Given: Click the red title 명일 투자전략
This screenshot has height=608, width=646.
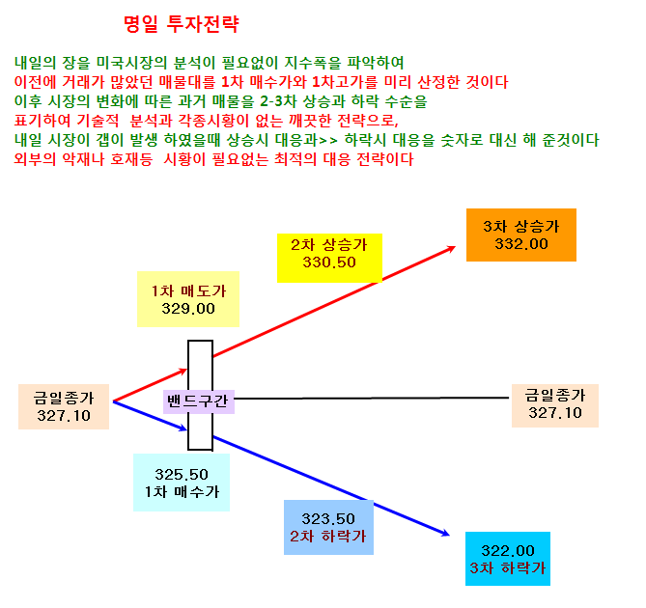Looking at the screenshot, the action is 182,23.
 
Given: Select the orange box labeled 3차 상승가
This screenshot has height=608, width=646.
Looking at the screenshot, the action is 521,235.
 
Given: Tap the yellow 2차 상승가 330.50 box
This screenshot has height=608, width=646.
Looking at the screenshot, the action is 329,258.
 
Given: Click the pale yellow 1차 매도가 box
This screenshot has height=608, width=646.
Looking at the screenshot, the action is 188,299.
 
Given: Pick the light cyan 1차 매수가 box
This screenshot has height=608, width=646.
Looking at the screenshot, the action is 182,483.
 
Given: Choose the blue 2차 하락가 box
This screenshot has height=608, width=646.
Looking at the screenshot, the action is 328,527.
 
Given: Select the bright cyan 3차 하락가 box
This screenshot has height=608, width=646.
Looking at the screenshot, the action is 508,559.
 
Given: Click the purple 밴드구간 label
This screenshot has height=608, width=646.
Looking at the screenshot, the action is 199,401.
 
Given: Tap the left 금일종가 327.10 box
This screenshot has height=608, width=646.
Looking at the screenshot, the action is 64,406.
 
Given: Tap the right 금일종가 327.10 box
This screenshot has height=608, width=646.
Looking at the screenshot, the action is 555,405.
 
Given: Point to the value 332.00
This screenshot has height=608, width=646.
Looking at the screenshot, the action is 521,244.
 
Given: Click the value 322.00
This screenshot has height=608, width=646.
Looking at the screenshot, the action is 508,550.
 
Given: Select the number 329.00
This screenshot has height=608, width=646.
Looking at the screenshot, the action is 188,309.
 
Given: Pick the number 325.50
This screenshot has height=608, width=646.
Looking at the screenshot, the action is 182,475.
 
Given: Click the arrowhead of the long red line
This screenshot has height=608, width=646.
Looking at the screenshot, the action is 452,248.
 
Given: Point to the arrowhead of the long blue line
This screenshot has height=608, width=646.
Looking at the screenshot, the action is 446,534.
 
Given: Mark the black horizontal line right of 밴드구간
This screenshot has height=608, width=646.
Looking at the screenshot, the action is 372,398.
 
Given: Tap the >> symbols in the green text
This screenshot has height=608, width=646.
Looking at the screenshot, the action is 328,140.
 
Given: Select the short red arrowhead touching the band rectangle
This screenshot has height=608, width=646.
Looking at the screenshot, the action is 183,371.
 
